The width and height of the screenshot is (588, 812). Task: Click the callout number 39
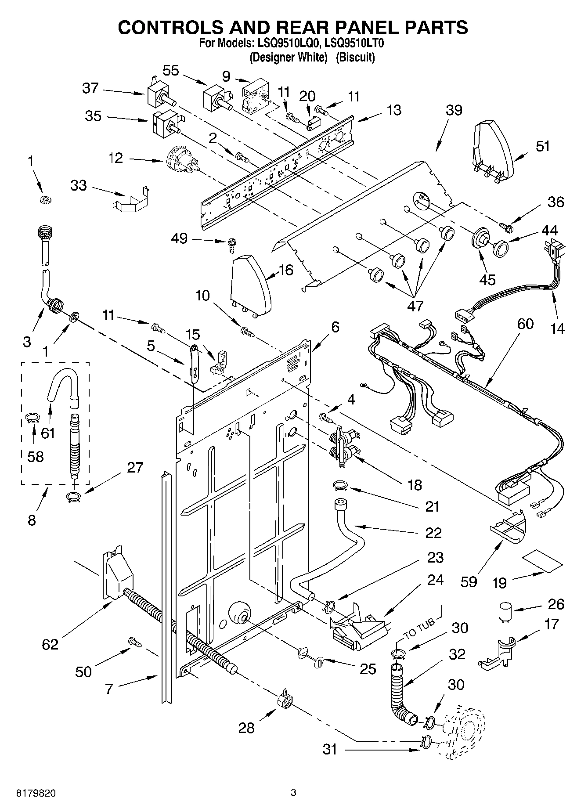(x=454, y=110)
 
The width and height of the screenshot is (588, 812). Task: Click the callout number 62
(x=50, y=645)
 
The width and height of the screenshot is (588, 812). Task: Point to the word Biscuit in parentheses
(x=356, y=57)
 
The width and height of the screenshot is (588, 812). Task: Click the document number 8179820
(x=36, y=793)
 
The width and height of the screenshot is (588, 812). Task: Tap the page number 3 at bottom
(x=293, y=793)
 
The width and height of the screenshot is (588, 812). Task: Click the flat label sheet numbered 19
(x=542, y=562)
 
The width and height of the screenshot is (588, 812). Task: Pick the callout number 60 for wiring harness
(x=525, y=324)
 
